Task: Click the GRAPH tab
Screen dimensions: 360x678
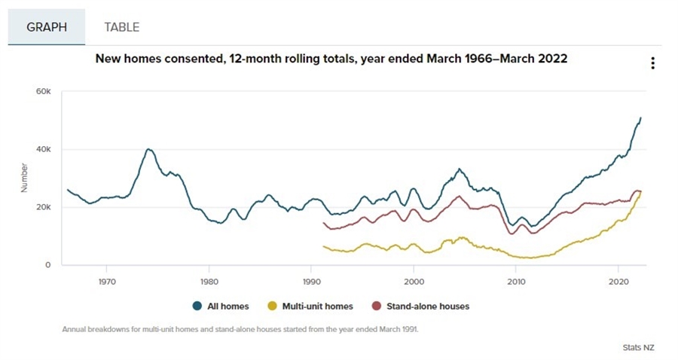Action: coord(47,27)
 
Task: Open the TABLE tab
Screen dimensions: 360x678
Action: coord(121,27)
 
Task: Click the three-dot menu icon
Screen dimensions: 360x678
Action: coord(652,63)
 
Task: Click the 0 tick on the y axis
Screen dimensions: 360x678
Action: coord(47,265)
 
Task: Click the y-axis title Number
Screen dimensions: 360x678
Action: coord(24,178)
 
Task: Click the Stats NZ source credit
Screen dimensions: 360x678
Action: coord(639,348)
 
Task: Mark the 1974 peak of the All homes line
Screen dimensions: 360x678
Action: coord(148,149)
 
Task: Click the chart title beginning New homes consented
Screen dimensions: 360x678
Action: coord(331,58)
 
